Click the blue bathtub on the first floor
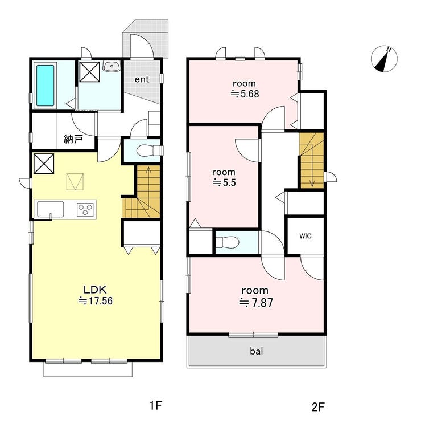(45, 85)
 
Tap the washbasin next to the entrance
(112, 66)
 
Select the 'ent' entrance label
(142, 79)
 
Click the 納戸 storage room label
(73, 139)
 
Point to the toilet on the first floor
(148, 151)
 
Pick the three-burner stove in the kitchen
(85, 209)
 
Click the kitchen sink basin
(50, 209)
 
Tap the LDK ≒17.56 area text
(96, 295)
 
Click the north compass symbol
(384, 59)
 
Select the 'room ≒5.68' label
(245, 88)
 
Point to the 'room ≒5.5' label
(224, 177)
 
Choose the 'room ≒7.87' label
(255, 296)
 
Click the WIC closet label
(306, 236)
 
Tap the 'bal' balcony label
(257, 351)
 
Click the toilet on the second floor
(227, 242)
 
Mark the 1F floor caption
(156, 405)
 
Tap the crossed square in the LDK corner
(43, 164)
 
